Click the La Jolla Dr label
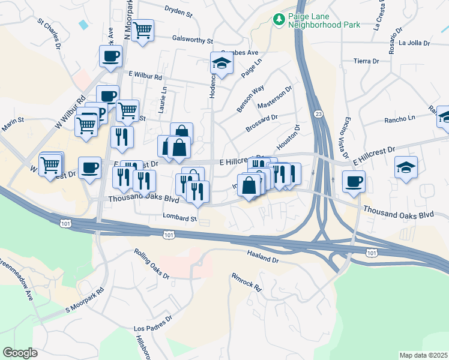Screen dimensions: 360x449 point(414,43)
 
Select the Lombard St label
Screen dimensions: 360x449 point(180,218)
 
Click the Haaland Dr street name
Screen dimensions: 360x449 point(263,259)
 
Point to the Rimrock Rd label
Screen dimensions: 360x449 point(247,283)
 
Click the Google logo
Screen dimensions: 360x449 point(20,352)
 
